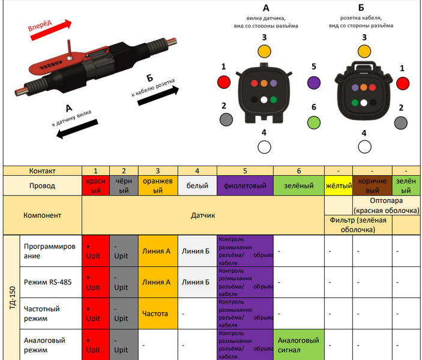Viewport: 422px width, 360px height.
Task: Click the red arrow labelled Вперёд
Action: [x=51, y=30]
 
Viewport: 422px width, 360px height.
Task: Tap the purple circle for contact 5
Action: [x=314, y=83]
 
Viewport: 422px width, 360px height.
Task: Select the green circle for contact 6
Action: [x=314, y=122]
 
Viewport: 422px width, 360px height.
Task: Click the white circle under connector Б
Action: [x=365, y=147]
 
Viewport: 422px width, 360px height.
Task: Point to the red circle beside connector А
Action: [x=224, y=82]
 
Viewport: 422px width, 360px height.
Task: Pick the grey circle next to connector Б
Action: [x=401, y=123]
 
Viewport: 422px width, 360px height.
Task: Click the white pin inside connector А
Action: [x=264, y=100]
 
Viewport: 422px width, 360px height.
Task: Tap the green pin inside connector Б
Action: [x=355, y=103]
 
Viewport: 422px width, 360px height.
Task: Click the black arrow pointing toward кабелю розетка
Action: [x=158, y=95]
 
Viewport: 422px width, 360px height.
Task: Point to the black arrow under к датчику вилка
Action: [x=77, y=129]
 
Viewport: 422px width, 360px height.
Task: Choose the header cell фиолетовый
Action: [x=245, y=185]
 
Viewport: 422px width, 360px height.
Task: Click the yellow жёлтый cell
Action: [x=339, y=185]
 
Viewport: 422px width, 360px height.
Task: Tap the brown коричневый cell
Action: [x=373, y=185]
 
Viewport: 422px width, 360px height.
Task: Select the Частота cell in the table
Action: [x=158, y=313]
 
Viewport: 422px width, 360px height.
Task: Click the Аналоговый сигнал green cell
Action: [x=299, y=345]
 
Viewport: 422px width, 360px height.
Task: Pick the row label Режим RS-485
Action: [x=47, y=282]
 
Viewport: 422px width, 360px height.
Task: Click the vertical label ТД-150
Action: [x=12, y=298]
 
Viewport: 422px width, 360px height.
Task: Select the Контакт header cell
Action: [x=42, y=171]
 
